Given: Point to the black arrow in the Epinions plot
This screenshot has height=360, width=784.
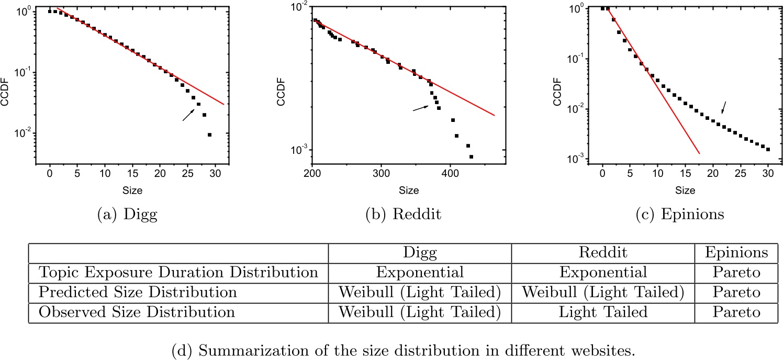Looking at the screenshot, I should click(x=724, y=107).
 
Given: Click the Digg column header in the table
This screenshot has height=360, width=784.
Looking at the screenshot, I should click(x=419, y=253).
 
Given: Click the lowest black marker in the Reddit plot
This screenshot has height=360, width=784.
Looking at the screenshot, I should click(x=471, y=156).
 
